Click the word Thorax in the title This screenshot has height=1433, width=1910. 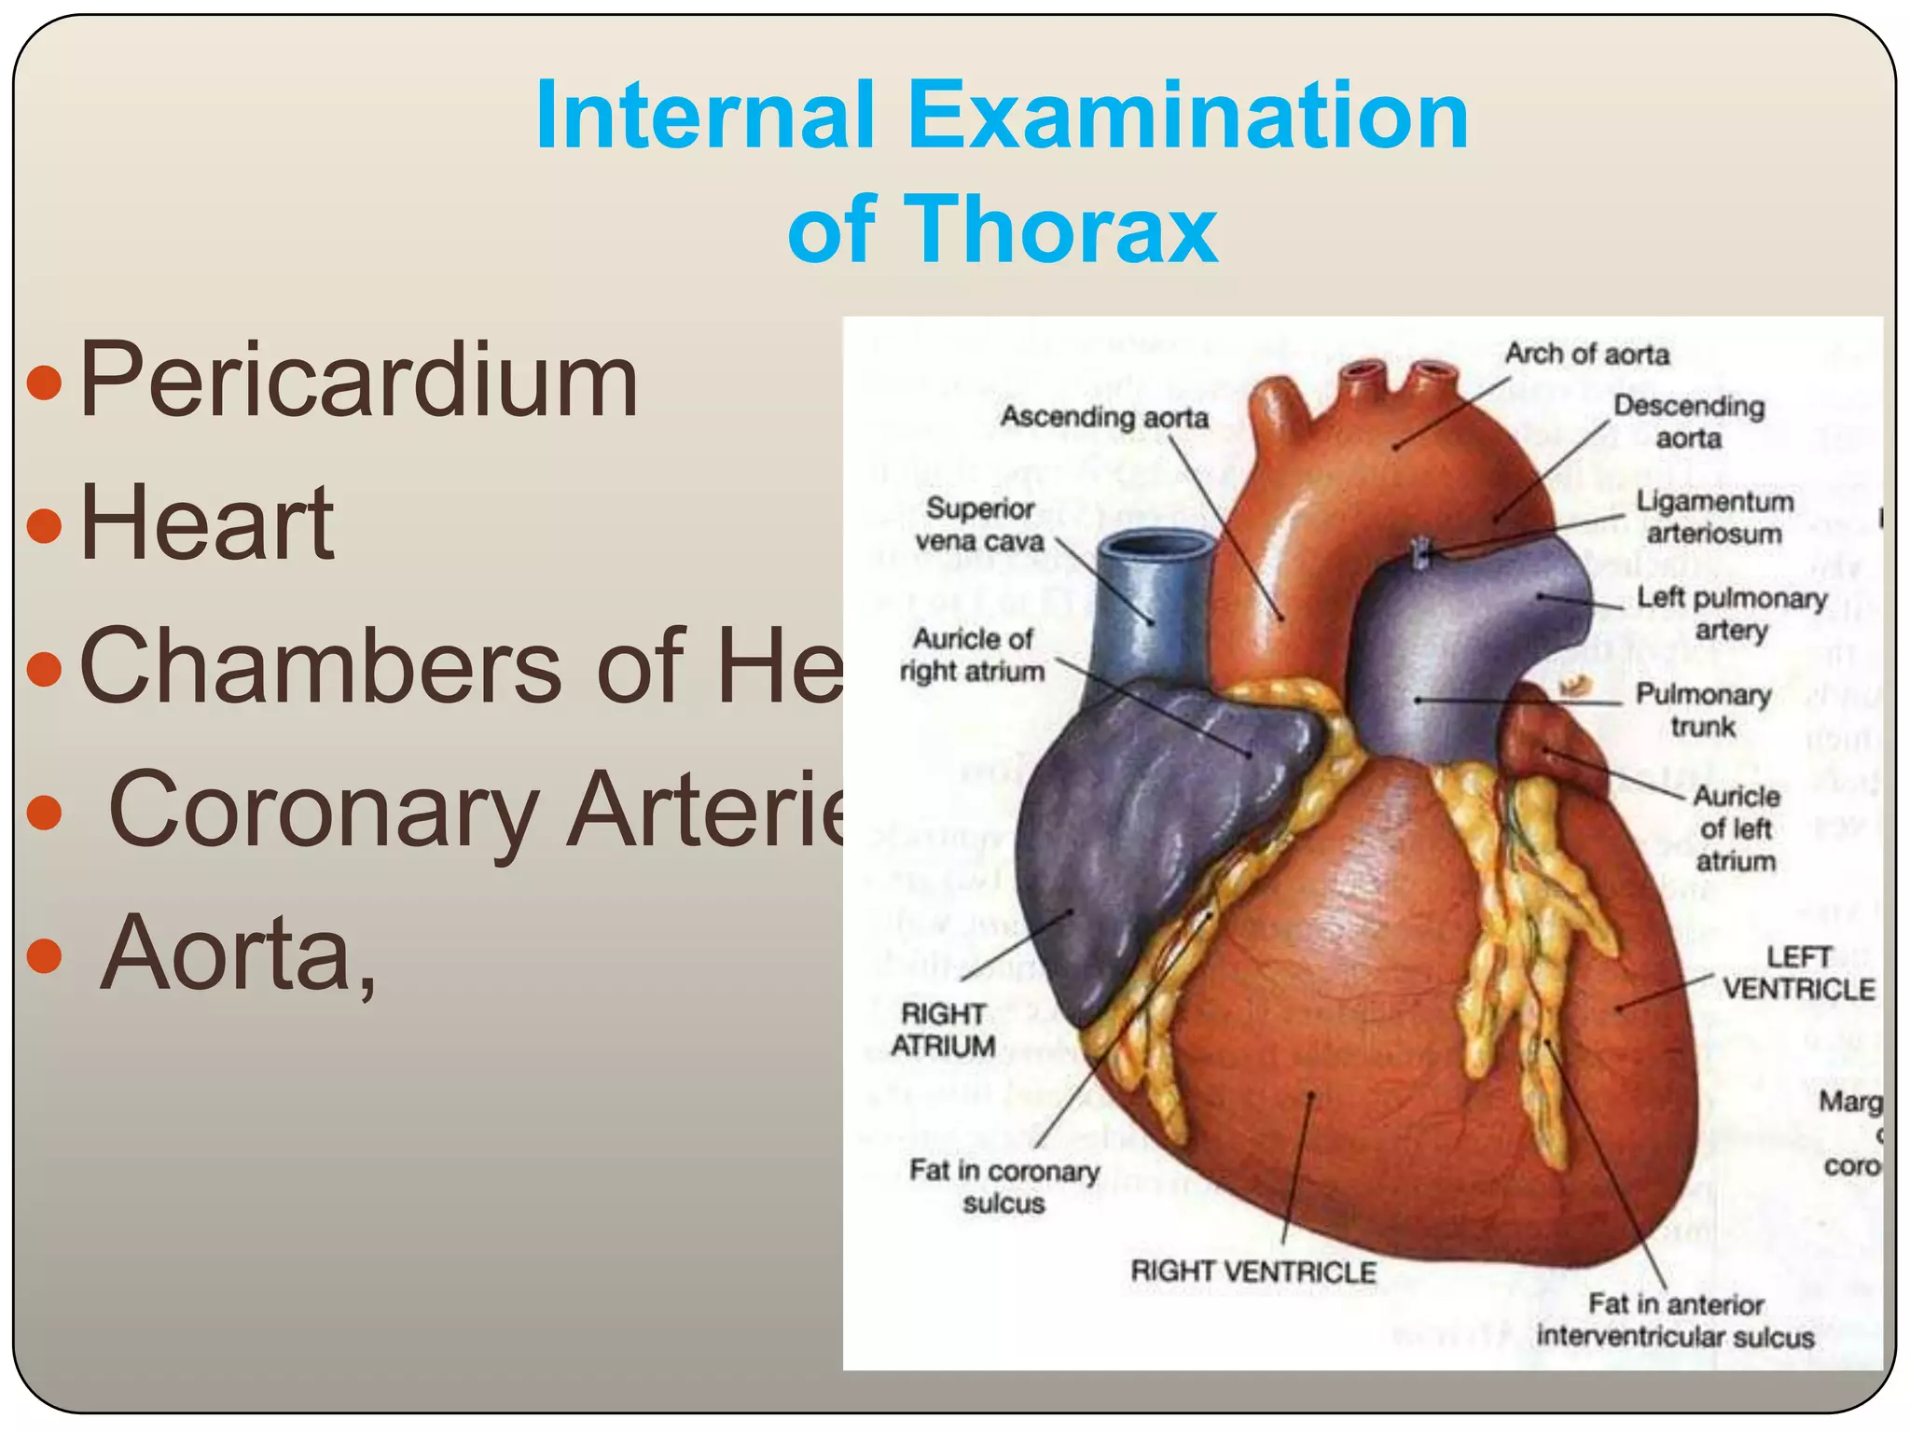tap(1065, 230)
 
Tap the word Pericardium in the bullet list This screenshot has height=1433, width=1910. tap(359, 381)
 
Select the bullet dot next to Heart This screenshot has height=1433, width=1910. tap(44, 525)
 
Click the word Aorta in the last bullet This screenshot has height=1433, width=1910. tap(226, 953)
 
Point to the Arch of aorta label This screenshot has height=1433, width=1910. tap(1586, 355)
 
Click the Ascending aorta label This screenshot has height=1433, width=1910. tap(1104, 417)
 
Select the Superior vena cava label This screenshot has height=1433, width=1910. tap(979, 524)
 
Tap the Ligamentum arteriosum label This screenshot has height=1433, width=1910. tap(1714, 517)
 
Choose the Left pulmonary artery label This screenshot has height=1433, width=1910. tap(1731, 613)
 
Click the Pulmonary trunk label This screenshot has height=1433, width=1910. tap(1703, 710)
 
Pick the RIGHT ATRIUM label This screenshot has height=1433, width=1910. tap(943, 1029)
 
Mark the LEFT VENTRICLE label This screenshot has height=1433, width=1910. tap(1798, 972)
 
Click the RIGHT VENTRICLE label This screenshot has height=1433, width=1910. tap(1253, 1271)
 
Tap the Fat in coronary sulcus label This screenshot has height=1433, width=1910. tap(1004, 1186)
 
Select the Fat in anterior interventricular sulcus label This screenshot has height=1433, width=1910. tap(1675, 1320)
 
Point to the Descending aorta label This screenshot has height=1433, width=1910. tap(1689, 422)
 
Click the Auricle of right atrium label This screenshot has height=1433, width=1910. tap(972, 655)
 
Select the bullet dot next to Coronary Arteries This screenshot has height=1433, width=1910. tap(44, 812)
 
